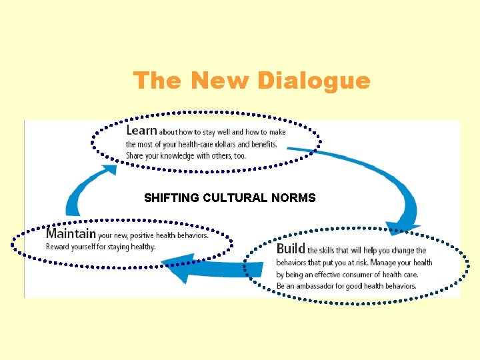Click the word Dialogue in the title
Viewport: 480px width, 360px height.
[x=313, y=81]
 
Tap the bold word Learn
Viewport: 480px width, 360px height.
[x=141, y=131]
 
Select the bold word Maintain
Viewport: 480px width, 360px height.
[x=71, y=234]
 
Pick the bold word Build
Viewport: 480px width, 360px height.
[x=291, y=249]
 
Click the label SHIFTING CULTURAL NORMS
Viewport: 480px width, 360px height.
[x=229, y=197]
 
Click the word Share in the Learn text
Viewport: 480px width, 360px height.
[x=135, y=156]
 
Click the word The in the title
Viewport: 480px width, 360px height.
[x=157, y=81]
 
